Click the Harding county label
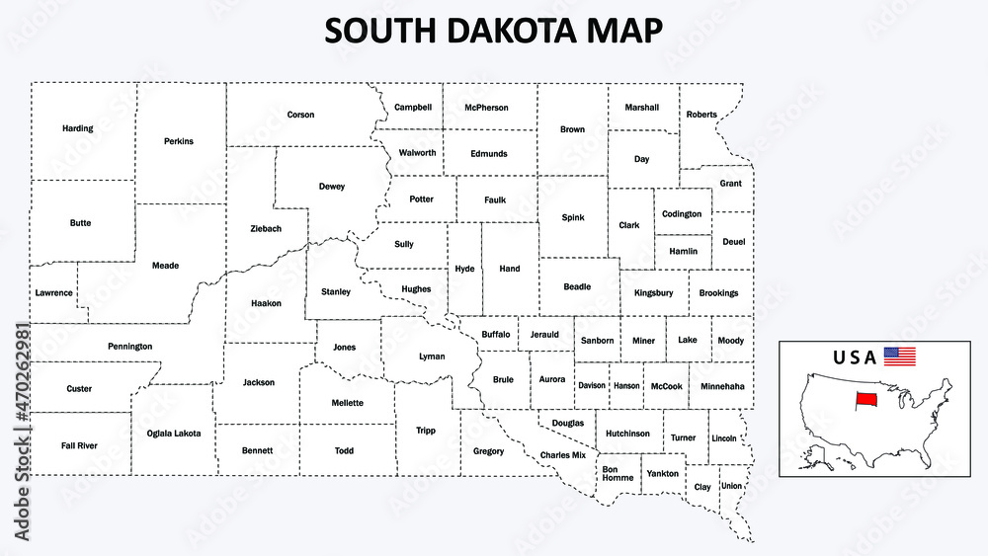coord(77,128)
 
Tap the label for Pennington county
coord(130,347)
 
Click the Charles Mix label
coord(563,454)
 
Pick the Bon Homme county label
coord(617,474)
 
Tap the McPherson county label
coord(486,108)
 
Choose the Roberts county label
coord(701,115)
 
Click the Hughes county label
coord(416,288)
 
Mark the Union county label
coord(731,486)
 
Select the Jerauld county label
coord(544,335)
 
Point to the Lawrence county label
coord(53,292)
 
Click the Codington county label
coord(682,213)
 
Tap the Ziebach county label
coord(265,228)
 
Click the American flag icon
coord(899,357)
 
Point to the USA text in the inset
coord(856,357)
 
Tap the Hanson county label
coord(626,386)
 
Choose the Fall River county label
coord(79,445)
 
